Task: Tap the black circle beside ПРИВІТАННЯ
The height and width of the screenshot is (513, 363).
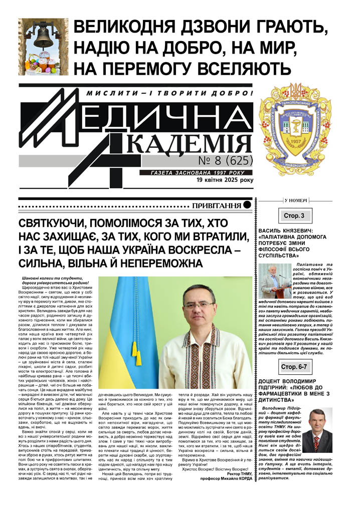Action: coord(247,206)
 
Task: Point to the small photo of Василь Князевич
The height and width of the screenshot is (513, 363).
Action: coord(275,281)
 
